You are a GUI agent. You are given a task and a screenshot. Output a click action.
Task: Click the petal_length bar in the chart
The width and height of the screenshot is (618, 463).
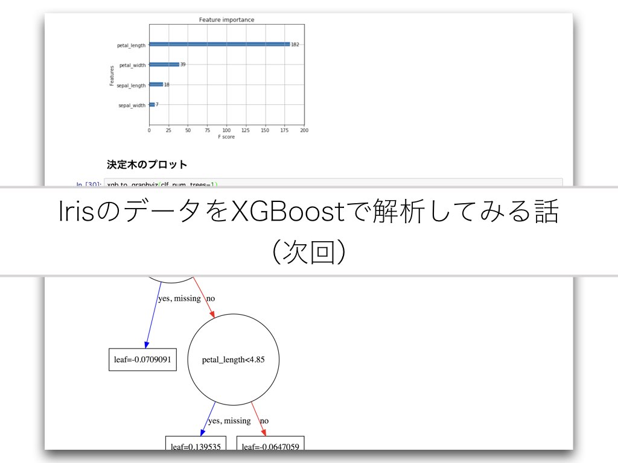[x=219, y=44]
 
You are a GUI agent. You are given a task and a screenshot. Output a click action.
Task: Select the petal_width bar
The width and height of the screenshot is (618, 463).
[x=164, y=65]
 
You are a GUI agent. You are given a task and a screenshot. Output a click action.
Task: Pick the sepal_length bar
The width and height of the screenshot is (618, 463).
[x=156, y=84]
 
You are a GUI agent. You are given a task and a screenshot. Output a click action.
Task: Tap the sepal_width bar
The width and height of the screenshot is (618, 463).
[x=152, y=104]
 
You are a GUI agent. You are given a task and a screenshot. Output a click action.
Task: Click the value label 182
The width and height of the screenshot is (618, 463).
[x=295, y=45]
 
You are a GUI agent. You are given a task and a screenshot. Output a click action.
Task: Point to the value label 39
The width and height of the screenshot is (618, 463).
[x=183, y=65]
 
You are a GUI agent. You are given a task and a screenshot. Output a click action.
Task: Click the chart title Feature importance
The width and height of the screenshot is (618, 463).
[x=226, y=20]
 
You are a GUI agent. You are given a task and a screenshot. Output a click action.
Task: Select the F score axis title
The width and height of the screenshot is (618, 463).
[x=226, y=137]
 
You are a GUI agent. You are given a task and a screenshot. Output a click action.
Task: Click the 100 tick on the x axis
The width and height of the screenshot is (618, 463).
[x=226, y=130]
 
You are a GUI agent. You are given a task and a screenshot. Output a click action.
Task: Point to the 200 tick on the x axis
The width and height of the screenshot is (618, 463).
[x=304, y=130]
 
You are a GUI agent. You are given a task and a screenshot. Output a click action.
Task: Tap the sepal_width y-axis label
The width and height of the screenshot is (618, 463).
[x=132, y=106]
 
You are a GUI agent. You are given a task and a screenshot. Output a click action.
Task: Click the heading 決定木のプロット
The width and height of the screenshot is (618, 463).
[x=147, y=164]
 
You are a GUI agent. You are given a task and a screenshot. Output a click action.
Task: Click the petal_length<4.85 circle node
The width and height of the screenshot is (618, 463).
[x=233, y=360]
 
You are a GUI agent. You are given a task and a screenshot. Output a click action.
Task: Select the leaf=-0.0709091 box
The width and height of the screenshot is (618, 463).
[x=142, y=360]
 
